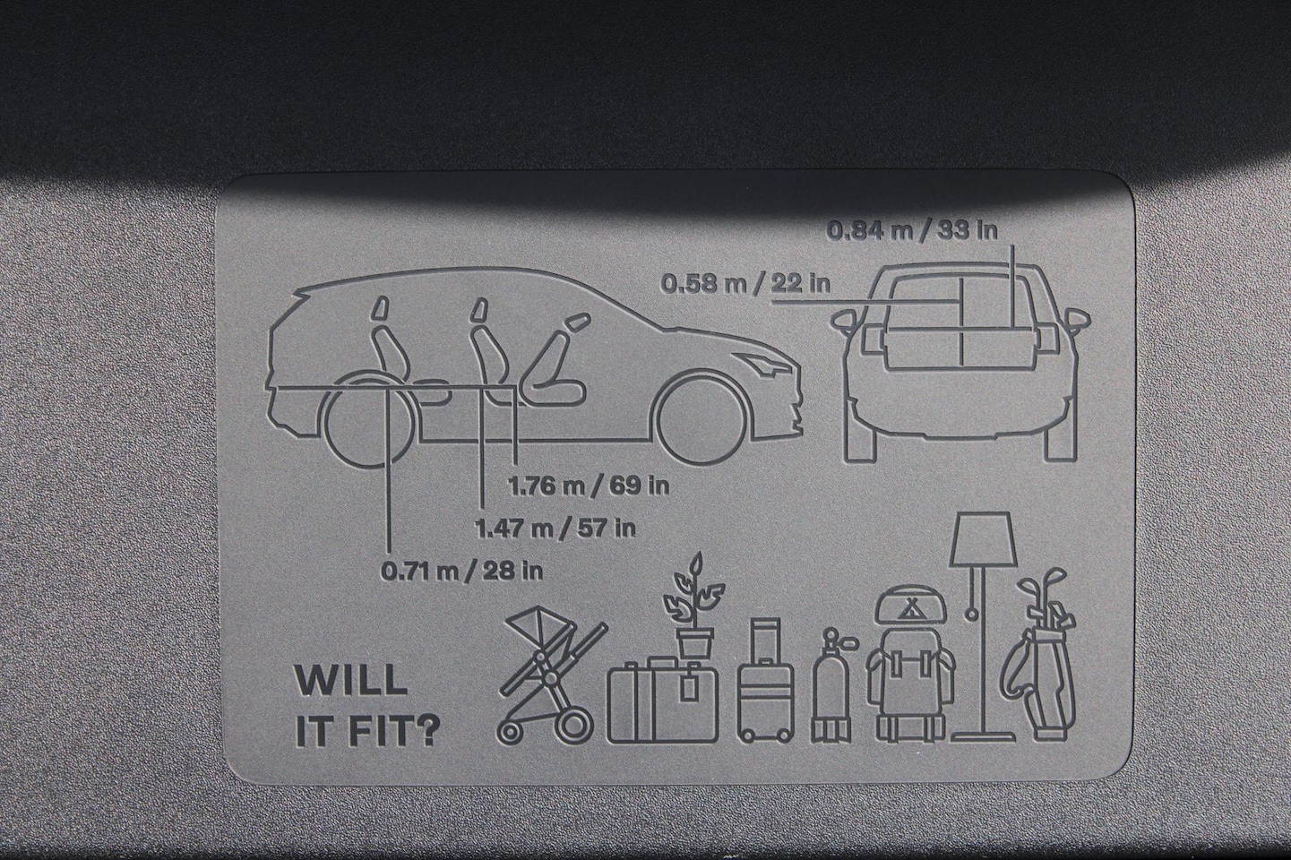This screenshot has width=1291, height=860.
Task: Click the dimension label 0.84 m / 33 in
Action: click(912, 230)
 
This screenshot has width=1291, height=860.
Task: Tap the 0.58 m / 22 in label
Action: click(745, 284)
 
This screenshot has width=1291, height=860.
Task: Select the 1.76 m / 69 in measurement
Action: click(589, 486)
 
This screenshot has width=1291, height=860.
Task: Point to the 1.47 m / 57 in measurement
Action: click(555, 528)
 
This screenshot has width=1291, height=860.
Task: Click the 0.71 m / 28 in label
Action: click(462, 572)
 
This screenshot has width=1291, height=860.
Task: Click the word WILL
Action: click(351, 681)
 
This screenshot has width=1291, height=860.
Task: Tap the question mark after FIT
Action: click(427, 731)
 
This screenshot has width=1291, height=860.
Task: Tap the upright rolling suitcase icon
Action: click(765, 680)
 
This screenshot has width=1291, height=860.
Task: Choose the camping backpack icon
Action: click(910, 663)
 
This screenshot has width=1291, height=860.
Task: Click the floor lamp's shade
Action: click(983, 539)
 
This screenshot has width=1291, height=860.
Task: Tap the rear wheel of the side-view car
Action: click(369, 420)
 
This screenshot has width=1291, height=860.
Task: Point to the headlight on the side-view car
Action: click(766, 363)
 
